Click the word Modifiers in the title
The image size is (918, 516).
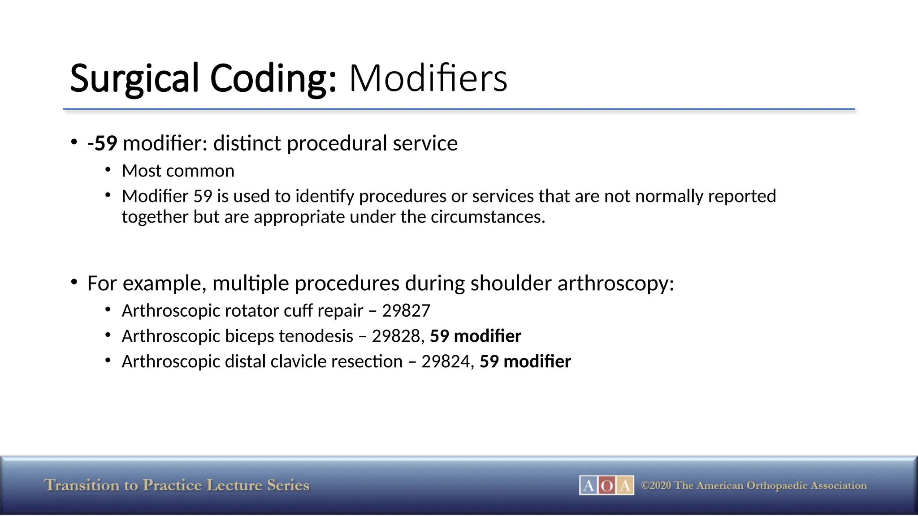428,78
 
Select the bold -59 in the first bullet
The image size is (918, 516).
102,143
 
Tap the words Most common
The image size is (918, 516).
178,171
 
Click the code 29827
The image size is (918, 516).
406,311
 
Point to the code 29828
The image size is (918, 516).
396,336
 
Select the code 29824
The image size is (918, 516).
446,362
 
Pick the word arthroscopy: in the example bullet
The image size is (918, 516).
616,284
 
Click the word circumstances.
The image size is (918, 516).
487,217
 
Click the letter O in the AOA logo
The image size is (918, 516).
606,486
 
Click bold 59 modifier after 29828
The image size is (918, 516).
476,336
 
